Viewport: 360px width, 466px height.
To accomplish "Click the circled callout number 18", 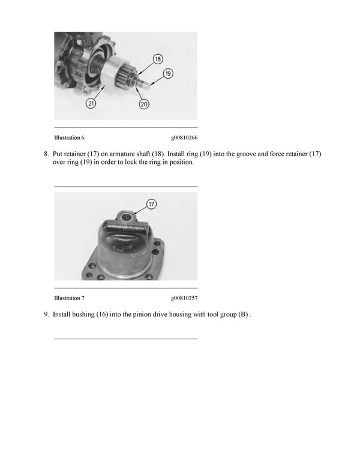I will pyautogui.click(x=157, y=59).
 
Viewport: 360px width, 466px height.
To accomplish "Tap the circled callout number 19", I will pyautogui.click(x=168, y=73).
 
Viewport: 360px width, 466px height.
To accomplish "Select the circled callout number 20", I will pyautogui.click(x=144, y=104).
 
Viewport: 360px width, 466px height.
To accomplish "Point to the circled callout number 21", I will pyautogui.click(x=91, y=103).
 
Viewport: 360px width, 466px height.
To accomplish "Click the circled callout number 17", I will pyautogui.click(x=152, y=204).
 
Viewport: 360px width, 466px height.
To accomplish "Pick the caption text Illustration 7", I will pyautogui.click(x=69, y=298).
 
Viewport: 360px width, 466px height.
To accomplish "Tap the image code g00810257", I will pyautogui.click(x=184, y=298).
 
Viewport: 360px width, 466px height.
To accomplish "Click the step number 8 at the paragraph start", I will pyautogui.click(x=46, y=154).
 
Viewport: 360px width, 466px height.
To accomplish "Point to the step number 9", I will pyautogui.click(x=46, y=314).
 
